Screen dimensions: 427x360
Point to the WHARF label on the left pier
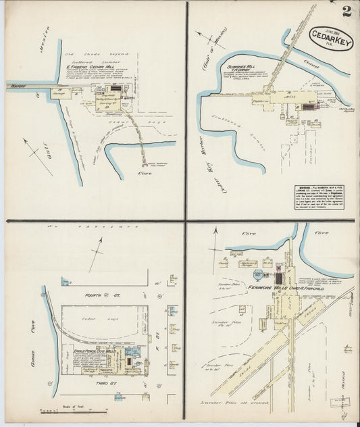pyautogui.click(x=16, y=86)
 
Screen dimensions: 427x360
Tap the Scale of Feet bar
pyautogui.click(x=62, y=410)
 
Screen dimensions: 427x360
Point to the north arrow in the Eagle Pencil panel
pyautogui.click(x=97, y=253)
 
